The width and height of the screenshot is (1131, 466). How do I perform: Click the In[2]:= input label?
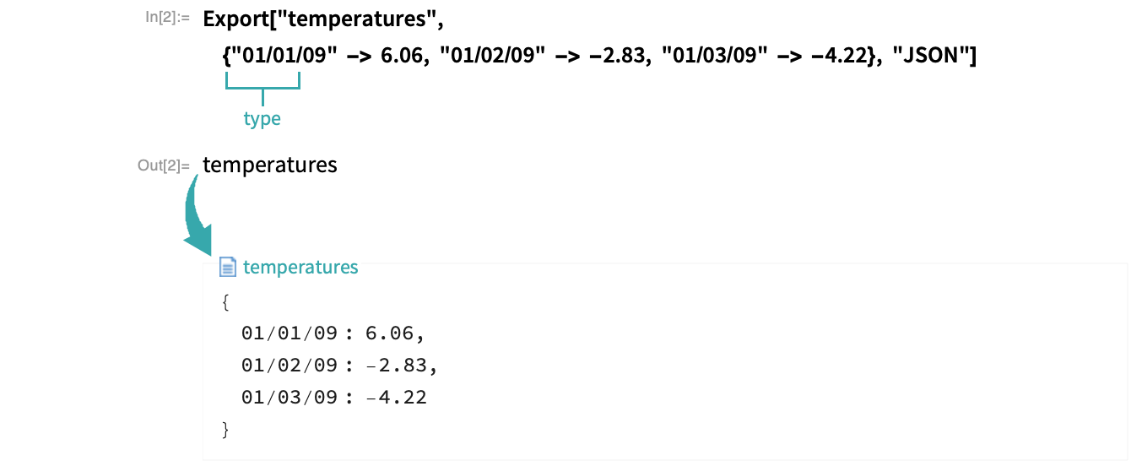[x=167, y=17]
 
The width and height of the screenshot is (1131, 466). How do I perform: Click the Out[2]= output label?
[x=164, y=165]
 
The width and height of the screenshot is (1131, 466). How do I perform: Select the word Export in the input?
[x=235, y=19]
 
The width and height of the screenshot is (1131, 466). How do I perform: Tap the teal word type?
[x=262, y=119]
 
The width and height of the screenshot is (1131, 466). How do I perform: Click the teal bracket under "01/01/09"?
[x=262, y=88]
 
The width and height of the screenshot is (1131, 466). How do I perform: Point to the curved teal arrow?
[x=198, y=216]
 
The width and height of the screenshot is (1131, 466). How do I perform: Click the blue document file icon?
[x=228, y=267]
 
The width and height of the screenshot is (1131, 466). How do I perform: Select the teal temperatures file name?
[x=300, y=267]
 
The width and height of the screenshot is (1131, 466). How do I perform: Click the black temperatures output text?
[x=269, y=165]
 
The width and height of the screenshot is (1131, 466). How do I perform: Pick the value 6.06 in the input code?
[x=402, y=55]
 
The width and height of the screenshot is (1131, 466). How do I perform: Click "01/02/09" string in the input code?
[x=493, y=55]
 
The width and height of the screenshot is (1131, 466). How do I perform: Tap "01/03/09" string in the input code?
[x=714, y=55]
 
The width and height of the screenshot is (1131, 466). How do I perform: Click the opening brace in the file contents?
[x=225, y=302]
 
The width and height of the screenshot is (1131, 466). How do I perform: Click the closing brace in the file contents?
[x=225, y=431]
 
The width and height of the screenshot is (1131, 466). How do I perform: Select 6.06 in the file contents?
[x=389, y=333]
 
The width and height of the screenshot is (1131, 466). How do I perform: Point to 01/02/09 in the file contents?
[x=290, y=365]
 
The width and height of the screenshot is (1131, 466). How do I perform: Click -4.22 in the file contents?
[x=396, y=398]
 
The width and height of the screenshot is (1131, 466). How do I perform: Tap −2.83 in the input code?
[x=617, y=55]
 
